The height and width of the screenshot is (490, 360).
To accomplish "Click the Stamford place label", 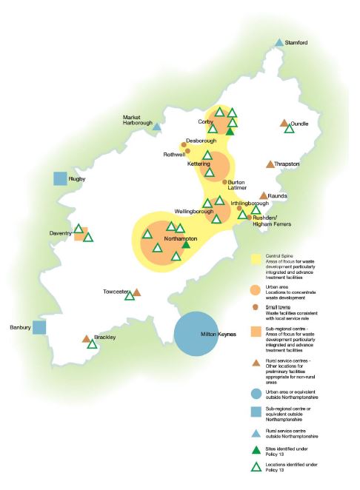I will click(x=296, y=44).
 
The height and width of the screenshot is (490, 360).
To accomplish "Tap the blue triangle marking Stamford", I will click(x=279, y=43).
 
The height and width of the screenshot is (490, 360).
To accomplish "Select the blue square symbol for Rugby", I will click(x=60, y=178).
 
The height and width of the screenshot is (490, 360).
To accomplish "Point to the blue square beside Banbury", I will click(x=39, y=326).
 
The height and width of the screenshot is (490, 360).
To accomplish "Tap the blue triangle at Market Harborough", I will click(x=157, y=127).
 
